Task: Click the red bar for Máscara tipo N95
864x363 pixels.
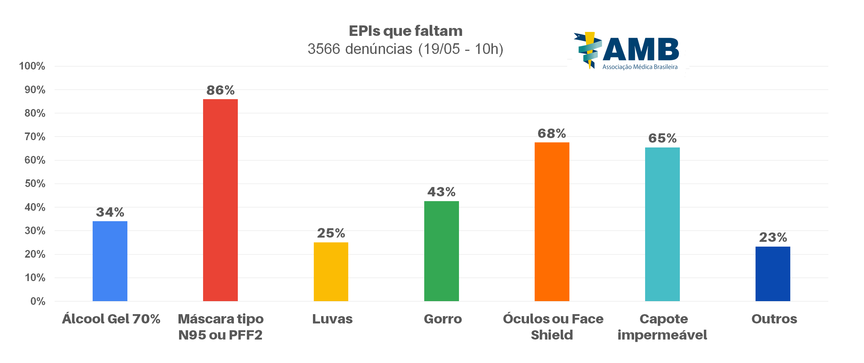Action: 220,200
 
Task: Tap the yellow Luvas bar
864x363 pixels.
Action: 331,272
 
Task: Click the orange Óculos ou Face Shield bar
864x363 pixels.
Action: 552,221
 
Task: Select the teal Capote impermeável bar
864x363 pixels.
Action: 662,224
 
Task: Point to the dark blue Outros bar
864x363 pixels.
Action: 773,274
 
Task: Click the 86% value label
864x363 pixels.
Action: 220,90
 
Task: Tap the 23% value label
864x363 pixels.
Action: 773,238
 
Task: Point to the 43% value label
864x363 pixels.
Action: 441,192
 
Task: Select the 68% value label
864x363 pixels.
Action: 552,134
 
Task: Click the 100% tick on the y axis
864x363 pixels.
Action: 32,66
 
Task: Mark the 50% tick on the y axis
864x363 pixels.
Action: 35,184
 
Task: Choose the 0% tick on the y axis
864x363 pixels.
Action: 38,301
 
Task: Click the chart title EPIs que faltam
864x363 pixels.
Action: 406,31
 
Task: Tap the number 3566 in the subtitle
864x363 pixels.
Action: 324,49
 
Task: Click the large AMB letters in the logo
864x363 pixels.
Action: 641,50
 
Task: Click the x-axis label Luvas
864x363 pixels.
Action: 332,319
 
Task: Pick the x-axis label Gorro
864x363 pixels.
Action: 443,319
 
